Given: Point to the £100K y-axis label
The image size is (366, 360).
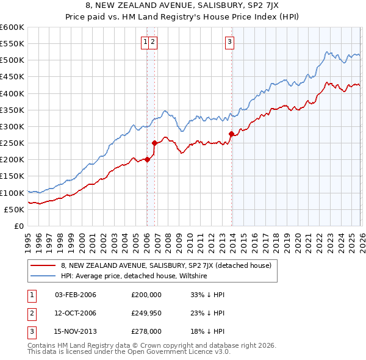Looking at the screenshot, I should tap(12, 193).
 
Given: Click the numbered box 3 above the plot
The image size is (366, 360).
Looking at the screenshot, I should tap(229, 42).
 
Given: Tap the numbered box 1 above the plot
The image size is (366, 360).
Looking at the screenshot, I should tap(146, 42).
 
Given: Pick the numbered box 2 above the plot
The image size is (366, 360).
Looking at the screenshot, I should tap(153, 42).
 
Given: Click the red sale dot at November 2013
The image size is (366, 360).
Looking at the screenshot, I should tap(231, 134).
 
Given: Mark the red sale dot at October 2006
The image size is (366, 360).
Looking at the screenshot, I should tap(154, 143).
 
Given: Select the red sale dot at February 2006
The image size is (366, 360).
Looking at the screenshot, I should tap(147, 160).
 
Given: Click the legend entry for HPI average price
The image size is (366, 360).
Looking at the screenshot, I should tap(134, 276).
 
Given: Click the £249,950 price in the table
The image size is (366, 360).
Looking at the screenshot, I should tap(146, 313).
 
